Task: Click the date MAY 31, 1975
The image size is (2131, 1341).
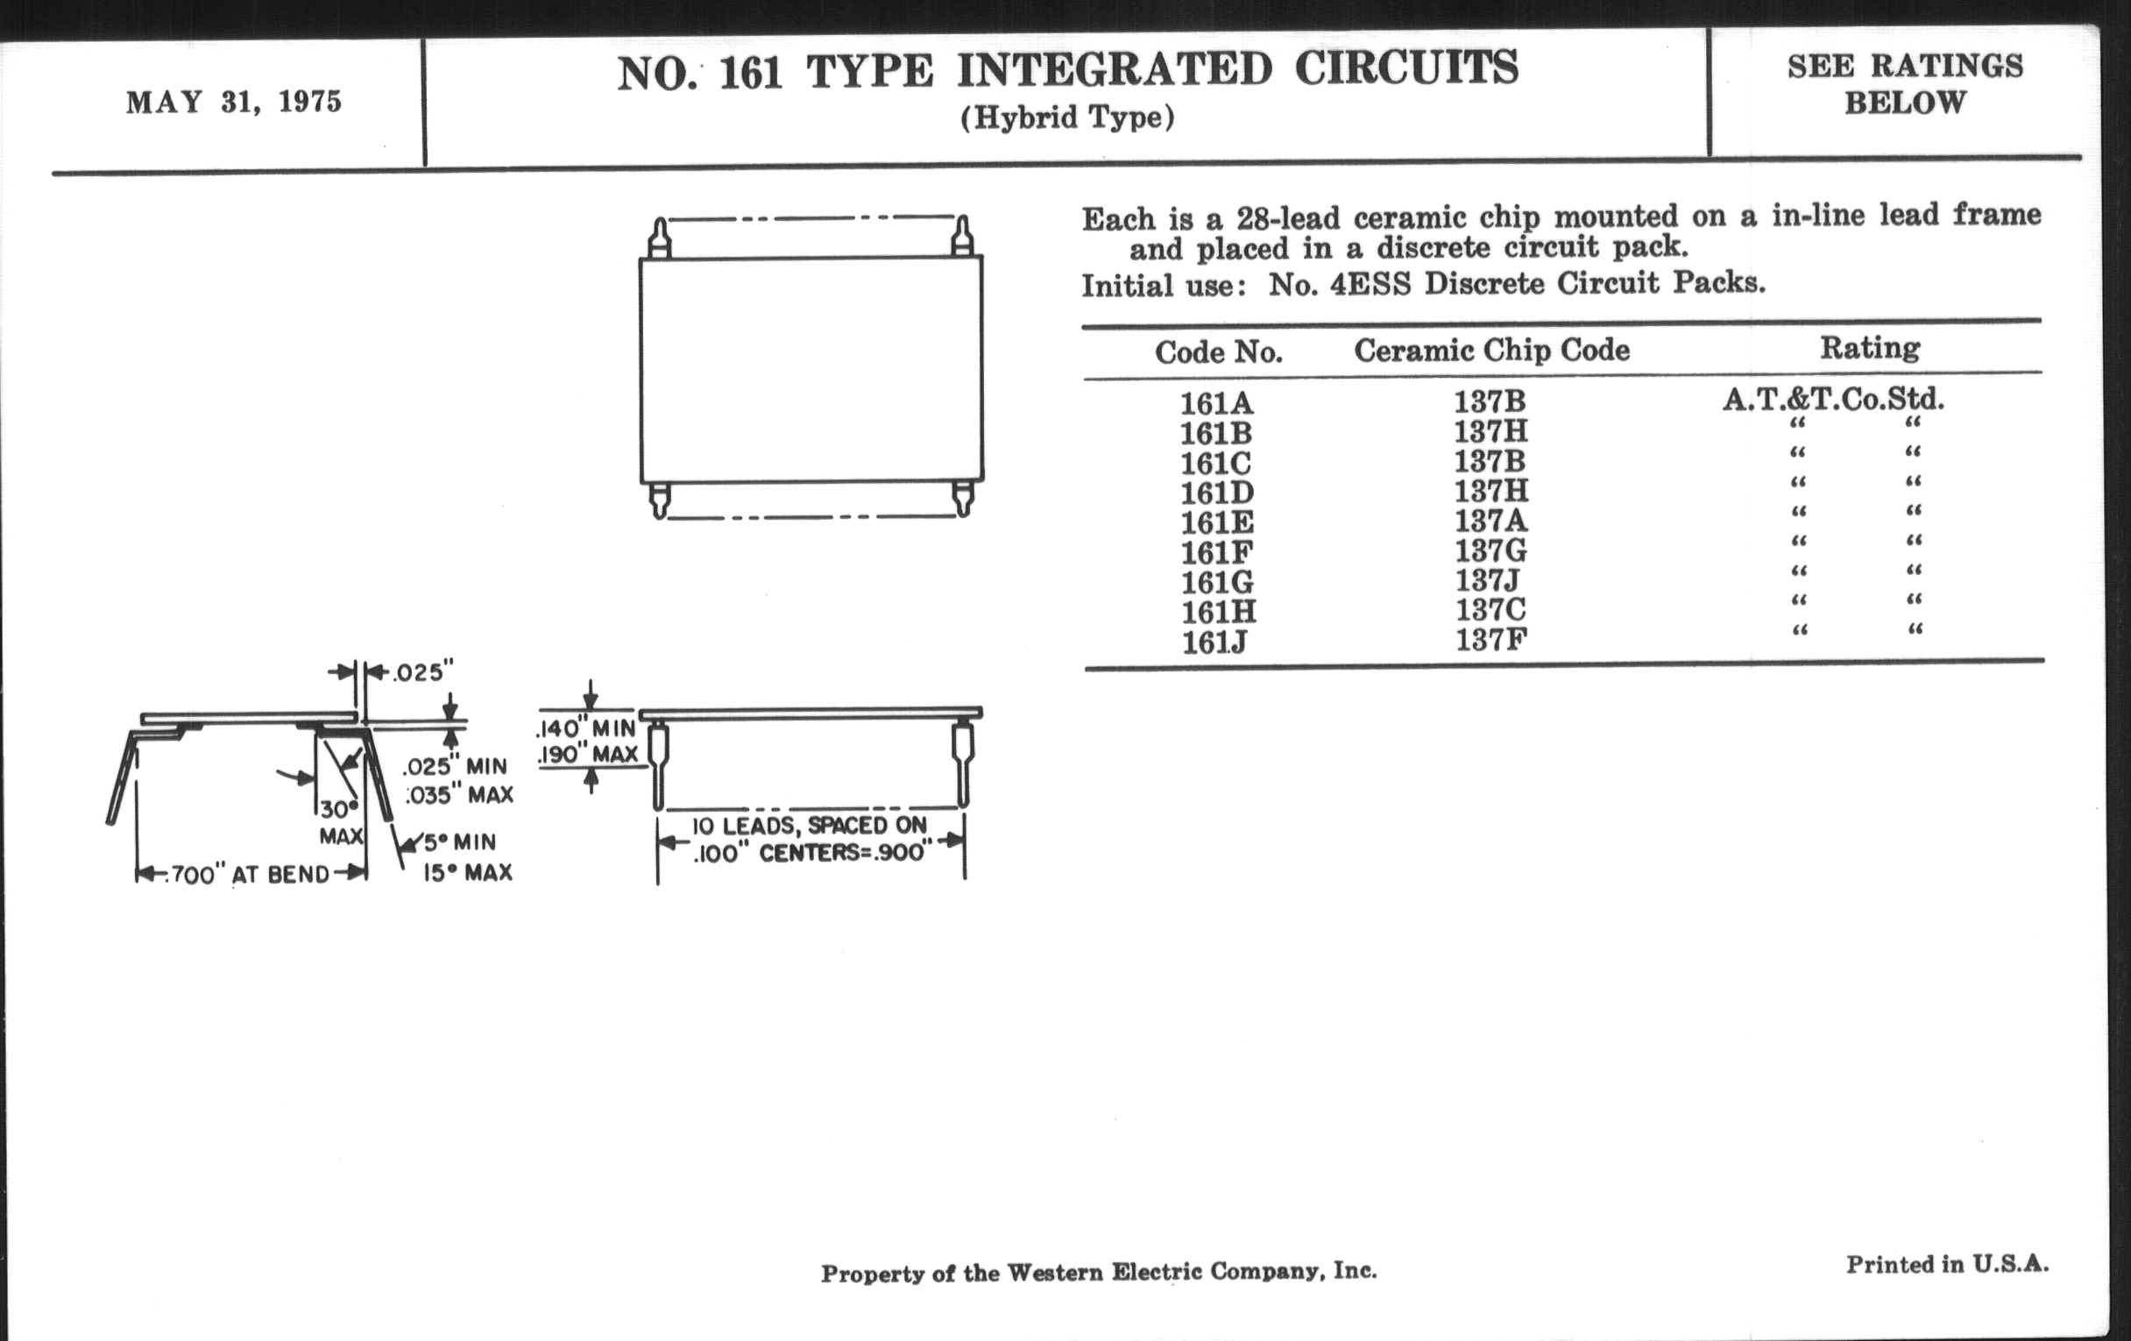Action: [234, 103]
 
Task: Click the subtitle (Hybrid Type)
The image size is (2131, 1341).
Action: [1067, 117]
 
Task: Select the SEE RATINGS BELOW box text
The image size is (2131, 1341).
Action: [1904, 84]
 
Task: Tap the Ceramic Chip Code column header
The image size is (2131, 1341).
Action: [1491, 351]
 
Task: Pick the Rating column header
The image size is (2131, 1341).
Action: [1869, 348]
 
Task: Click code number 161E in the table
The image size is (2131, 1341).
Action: [1217, 522]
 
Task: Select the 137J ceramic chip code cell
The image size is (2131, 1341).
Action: [1491, 580]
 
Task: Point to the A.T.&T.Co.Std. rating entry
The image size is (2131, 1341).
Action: [1833, 399]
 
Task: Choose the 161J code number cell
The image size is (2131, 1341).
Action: [1214, 642]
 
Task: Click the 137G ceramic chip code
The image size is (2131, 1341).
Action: [1491, 551]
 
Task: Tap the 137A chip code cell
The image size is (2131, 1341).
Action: [1491, 520]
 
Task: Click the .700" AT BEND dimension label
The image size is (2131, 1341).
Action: [249, 875]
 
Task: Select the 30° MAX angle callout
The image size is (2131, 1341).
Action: [340, 822]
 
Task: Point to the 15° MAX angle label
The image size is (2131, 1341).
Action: [467, 873]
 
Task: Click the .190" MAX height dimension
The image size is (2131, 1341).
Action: [587, 754]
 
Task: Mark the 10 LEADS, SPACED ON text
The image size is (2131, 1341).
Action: [808, 826]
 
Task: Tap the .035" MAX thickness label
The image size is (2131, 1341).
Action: [459, 795]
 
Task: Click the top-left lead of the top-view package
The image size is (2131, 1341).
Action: [658, 238]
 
